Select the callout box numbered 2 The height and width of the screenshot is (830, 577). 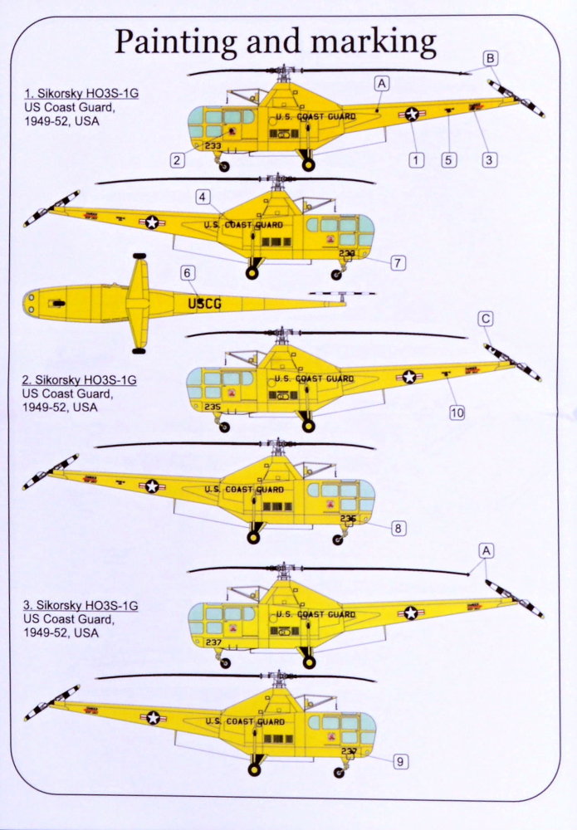tap(177, 160)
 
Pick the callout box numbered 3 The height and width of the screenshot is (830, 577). tap(448, 159)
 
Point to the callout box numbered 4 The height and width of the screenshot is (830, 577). tap(203, 197)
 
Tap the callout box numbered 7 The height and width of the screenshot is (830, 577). tap(399, 528)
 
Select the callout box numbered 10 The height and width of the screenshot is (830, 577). tap(491, 57)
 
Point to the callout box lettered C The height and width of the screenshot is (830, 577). tap(204, 304)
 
